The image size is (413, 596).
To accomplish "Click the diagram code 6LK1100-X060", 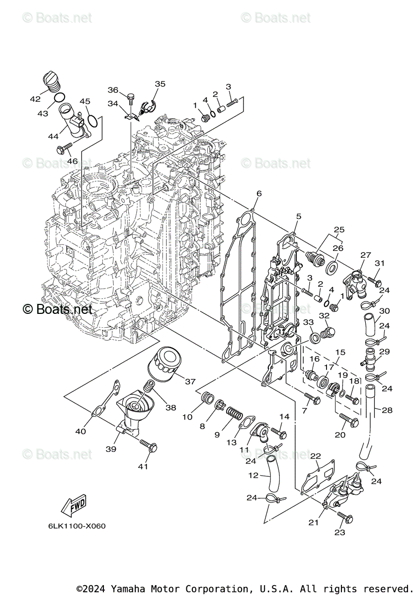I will [x=77, y=526].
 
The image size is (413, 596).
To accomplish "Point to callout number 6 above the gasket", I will [x=258, y=193].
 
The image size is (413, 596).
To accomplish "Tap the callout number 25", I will [x=339, y=230].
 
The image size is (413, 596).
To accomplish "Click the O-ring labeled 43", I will [x=59, y=97].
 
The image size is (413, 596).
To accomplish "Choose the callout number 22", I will [x=315, y=456].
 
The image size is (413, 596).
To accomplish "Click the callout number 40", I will [x=81, y=431].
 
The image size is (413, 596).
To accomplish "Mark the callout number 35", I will [x=160, y=84].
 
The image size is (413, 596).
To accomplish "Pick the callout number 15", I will [x=340, y=352].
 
